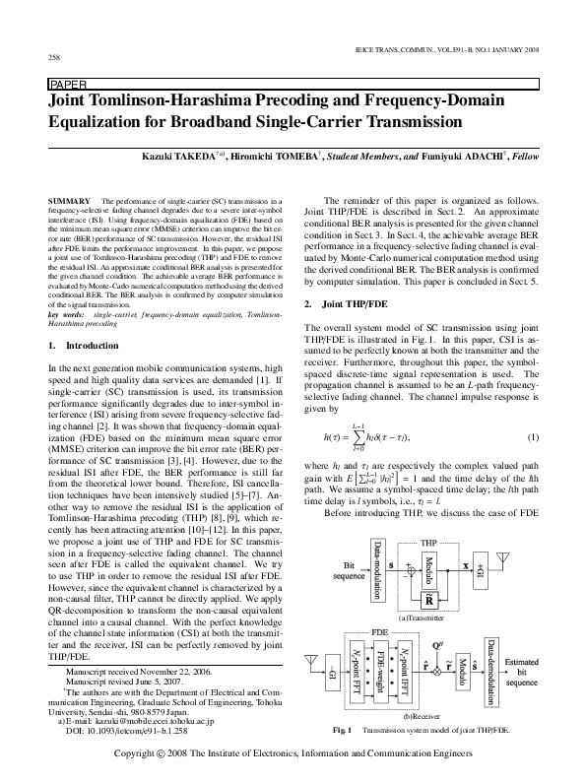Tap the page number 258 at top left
[53, 57]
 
